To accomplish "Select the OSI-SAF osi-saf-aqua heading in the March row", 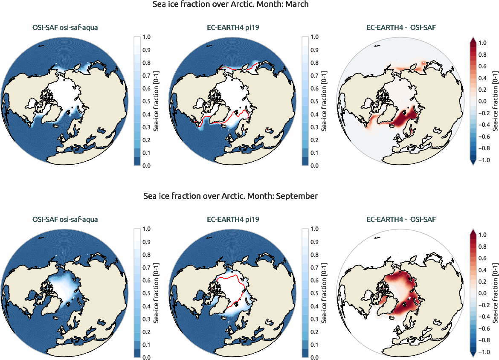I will (65, 29).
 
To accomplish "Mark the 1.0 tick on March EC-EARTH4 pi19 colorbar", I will (314, 37).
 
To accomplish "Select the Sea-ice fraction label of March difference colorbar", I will (495, 101).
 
